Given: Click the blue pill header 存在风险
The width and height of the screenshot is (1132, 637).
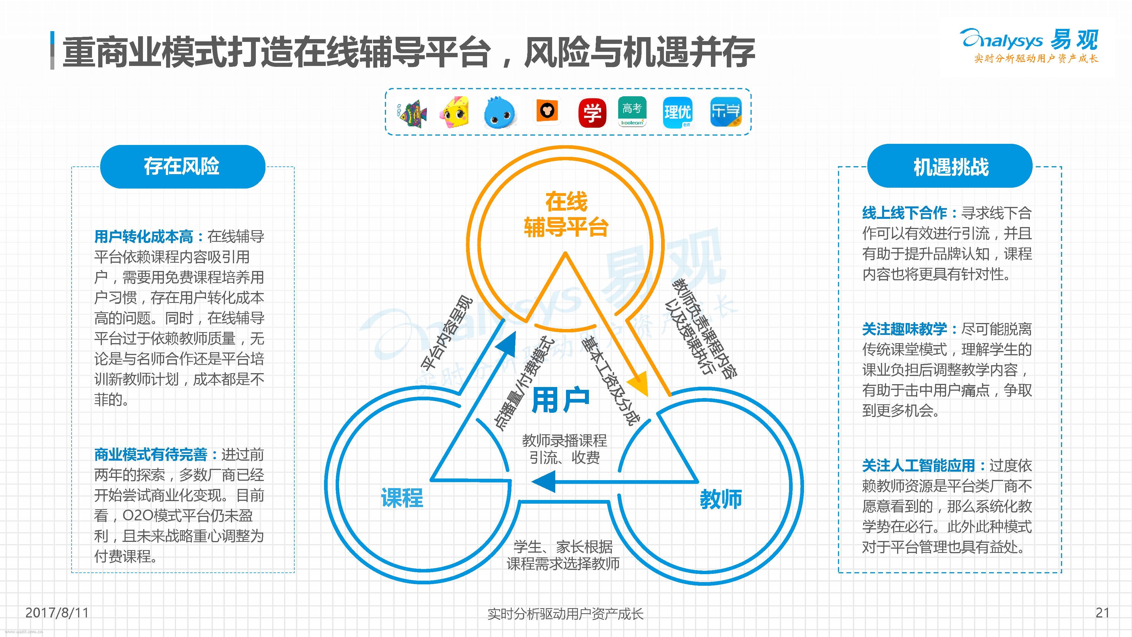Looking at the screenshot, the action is click(x=182, y=167).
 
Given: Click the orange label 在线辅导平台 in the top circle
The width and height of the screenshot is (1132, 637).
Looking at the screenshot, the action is click(x=566, y=215).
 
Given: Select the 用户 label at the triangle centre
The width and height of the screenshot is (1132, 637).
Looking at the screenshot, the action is click(x=561, y=400).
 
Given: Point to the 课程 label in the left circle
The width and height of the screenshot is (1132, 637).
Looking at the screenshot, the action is click(x=402, y=498).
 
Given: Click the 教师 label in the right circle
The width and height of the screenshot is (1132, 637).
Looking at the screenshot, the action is click(x=721, y=499).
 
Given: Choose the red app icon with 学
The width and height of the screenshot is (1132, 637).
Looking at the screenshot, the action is click(x=592, y=113).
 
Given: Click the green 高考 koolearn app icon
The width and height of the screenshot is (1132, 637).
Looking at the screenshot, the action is click(x=632, y=112).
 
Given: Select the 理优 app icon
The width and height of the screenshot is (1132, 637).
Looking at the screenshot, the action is click(x=677, y=113).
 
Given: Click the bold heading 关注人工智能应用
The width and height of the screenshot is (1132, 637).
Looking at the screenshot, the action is click(x=918, y=465).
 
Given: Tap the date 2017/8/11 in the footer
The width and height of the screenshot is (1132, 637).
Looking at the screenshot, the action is click(x=57, y=612).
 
